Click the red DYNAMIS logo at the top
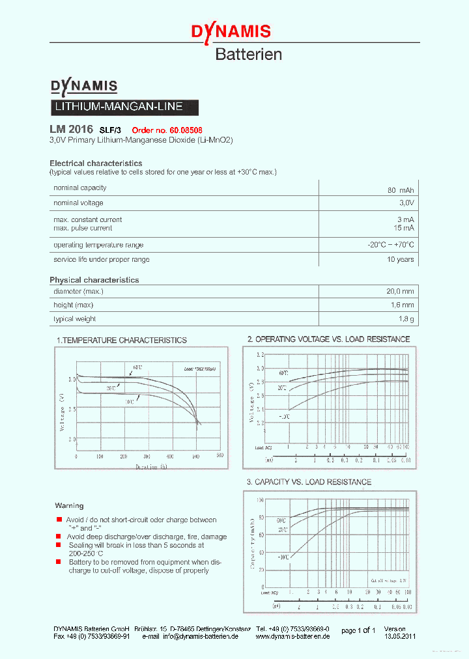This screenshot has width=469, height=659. (x=230, y=31)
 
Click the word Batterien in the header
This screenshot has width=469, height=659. (x=248, y=55)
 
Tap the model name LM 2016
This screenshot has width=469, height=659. (x=71, y=129)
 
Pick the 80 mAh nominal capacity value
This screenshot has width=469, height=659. (x=400, y=190)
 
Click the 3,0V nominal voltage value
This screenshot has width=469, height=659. (x=404, y=203)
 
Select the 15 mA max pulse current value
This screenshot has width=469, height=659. (x=403, y=228)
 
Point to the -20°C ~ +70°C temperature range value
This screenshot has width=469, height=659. (x=390, y=245)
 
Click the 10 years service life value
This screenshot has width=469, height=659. (x=400, y=259)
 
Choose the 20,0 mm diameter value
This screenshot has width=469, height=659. (x=399, y=291)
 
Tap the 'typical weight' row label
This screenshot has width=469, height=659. (x=74, y=319)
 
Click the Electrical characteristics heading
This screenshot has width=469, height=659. (x=96, y=163)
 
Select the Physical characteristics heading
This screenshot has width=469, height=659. (x=94, y=280)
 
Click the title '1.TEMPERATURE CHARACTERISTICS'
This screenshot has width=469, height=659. (x=122, y=340)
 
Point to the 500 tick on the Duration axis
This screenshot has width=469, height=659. (x=220, y=456)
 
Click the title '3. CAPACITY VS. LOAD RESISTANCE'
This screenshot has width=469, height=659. (x=309, y=482)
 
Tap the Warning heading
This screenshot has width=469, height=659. (x=69, y=505)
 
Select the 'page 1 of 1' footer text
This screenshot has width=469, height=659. (x=358, y=630)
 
